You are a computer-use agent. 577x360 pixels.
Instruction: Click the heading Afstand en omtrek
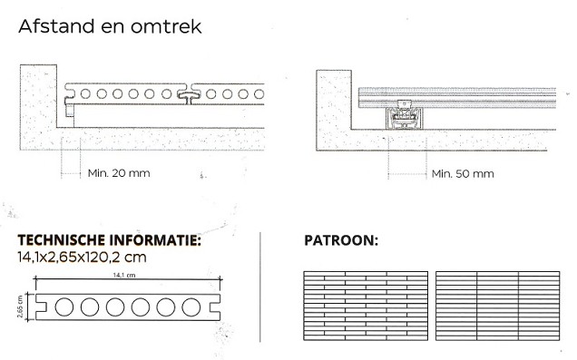(x=110, y=27)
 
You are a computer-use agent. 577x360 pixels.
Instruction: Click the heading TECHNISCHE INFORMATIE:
(x=110, y=241)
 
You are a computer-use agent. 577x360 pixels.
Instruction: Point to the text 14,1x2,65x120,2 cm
(x=83, y=257)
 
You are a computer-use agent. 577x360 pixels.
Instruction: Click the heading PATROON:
(x=341, y=242)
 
